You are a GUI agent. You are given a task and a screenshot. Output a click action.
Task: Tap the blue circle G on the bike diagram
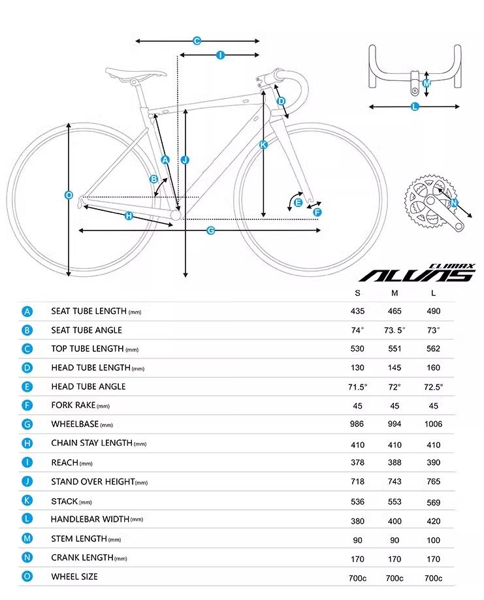(x=211, y=230)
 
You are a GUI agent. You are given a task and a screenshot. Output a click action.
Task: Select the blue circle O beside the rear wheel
(x=69, y=195)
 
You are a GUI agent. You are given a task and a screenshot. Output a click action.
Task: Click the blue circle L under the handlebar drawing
(x=415, y=106)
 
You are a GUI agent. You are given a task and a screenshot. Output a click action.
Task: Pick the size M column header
(x=395, y=293)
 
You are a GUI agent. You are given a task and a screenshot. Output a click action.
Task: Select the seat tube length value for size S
(x=357, y=311)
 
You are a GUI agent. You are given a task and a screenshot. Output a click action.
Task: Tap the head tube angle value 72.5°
(x=433, y=387)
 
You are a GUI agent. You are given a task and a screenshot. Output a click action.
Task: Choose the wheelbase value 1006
(x=433, y=424)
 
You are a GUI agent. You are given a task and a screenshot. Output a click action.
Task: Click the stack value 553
(x=395, y=503)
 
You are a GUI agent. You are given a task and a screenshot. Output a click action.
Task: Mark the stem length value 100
(x=433, y=540)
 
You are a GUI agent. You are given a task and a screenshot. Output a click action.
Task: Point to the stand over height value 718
(x=357, y=481)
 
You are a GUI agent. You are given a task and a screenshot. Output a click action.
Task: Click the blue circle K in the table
(x=27, y=501)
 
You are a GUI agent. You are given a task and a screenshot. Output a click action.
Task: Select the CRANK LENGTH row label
(x=82, y=558)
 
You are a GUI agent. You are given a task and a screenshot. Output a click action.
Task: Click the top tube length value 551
(x=395, y=349)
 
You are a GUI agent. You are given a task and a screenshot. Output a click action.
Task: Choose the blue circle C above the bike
(x=197, y=41)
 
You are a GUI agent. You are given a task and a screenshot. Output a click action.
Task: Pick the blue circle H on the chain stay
(x=129, y=216)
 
